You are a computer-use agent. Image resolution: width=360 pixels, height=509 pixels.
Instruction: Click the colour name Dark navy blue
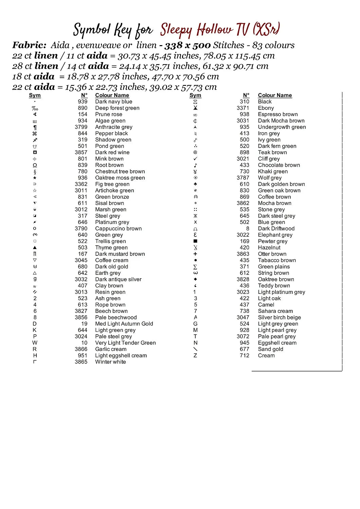pyautogui.click(x=113, y=101)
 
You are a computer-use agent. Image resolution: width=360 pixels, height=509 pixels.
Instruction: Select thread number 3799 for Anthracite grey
pyautogui.click(x=81, y=127)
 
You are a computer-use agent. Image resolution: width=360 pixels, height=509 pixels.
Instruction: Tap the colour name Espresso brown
pyautogui.click(x=277, y=114)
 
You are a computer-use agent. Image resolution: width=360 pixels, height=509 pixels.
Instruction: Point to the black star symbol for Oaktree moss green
pyautogui.click(x=35, y=178)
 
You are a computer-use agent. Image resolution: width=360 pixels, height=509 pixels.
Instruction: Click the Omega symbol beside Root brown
pyautogui.click(x=35, y=165)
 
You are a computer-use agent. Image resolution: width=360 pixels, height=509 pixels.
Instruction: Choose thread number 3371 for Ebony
pyautogui.click(x=243, y=108)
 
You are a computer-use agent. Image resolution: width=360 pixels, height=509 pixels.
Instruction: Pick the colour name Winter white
pyautogui.click(x=110, y=362)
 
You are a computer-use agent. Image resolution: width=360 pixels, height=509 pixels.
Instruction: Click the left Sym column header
pyautogui.click(x=35, y=95)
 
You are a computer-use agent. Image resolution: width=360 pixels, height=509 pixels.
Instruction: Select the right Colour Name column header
pyautogui.click(x=275, y=95)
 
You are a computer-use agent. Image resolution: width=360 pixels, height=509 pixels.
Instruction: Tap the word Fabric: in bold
pyautogui.click(x=29, y=45)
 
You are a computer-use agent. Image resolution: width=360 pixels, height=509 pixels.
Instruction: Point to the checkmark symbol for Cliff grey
pyautogui.click(x=195, y=159)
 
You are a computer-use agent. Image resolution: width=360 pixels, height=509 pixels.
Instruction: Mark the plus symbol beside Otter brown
pyautogui.click(x=195, y=254)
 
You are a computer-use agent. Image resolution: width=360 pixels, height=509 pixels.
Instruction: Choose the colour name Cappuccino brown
pyautogui.click(x=118, y=228)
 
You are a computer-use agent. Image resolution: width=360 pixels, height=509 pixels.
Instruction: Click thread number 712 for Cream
pyautogui.click(x=244, y=355)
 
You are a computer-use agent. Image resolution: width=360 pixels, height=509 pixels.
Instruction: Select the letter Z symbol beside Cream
pyautogui.click(x=195, y=355)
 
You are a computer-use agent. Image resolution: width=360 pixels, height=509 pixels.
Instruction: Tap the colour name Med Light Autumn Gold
pyautogui.click(x=124, y=324)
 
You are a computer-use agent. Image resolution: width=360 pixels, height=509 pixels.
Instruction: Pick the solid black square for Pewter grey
pyautogui.click(x=195, y=241)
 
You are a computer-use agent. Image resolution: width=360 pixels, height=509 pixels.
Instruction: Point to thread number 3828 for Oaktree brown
pyautogui.click(x=243, y=279)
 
